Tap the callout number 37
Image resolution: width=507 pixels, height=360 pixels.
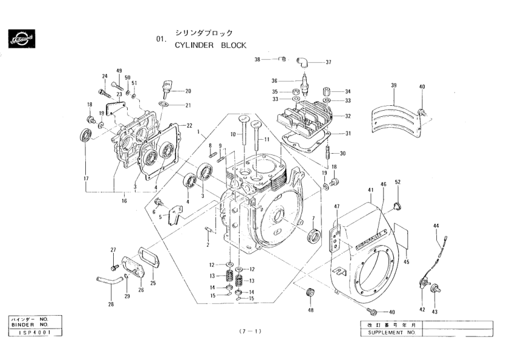pos(329,62)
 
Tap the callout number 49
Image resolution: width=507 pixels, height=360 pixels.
pos(119,71)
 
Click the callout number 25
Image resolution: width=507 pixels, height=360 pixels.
pos(152,283)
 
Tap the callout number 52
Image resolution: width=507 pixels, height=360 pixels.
pos(397,182)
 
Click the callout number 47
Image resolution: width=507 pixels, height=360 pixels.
pos(336,206)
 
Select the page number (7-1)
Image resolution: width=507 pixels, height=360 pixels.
pos(249,332)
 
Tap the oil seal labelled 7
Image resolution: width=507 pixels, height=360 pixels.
pos(314,235)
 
